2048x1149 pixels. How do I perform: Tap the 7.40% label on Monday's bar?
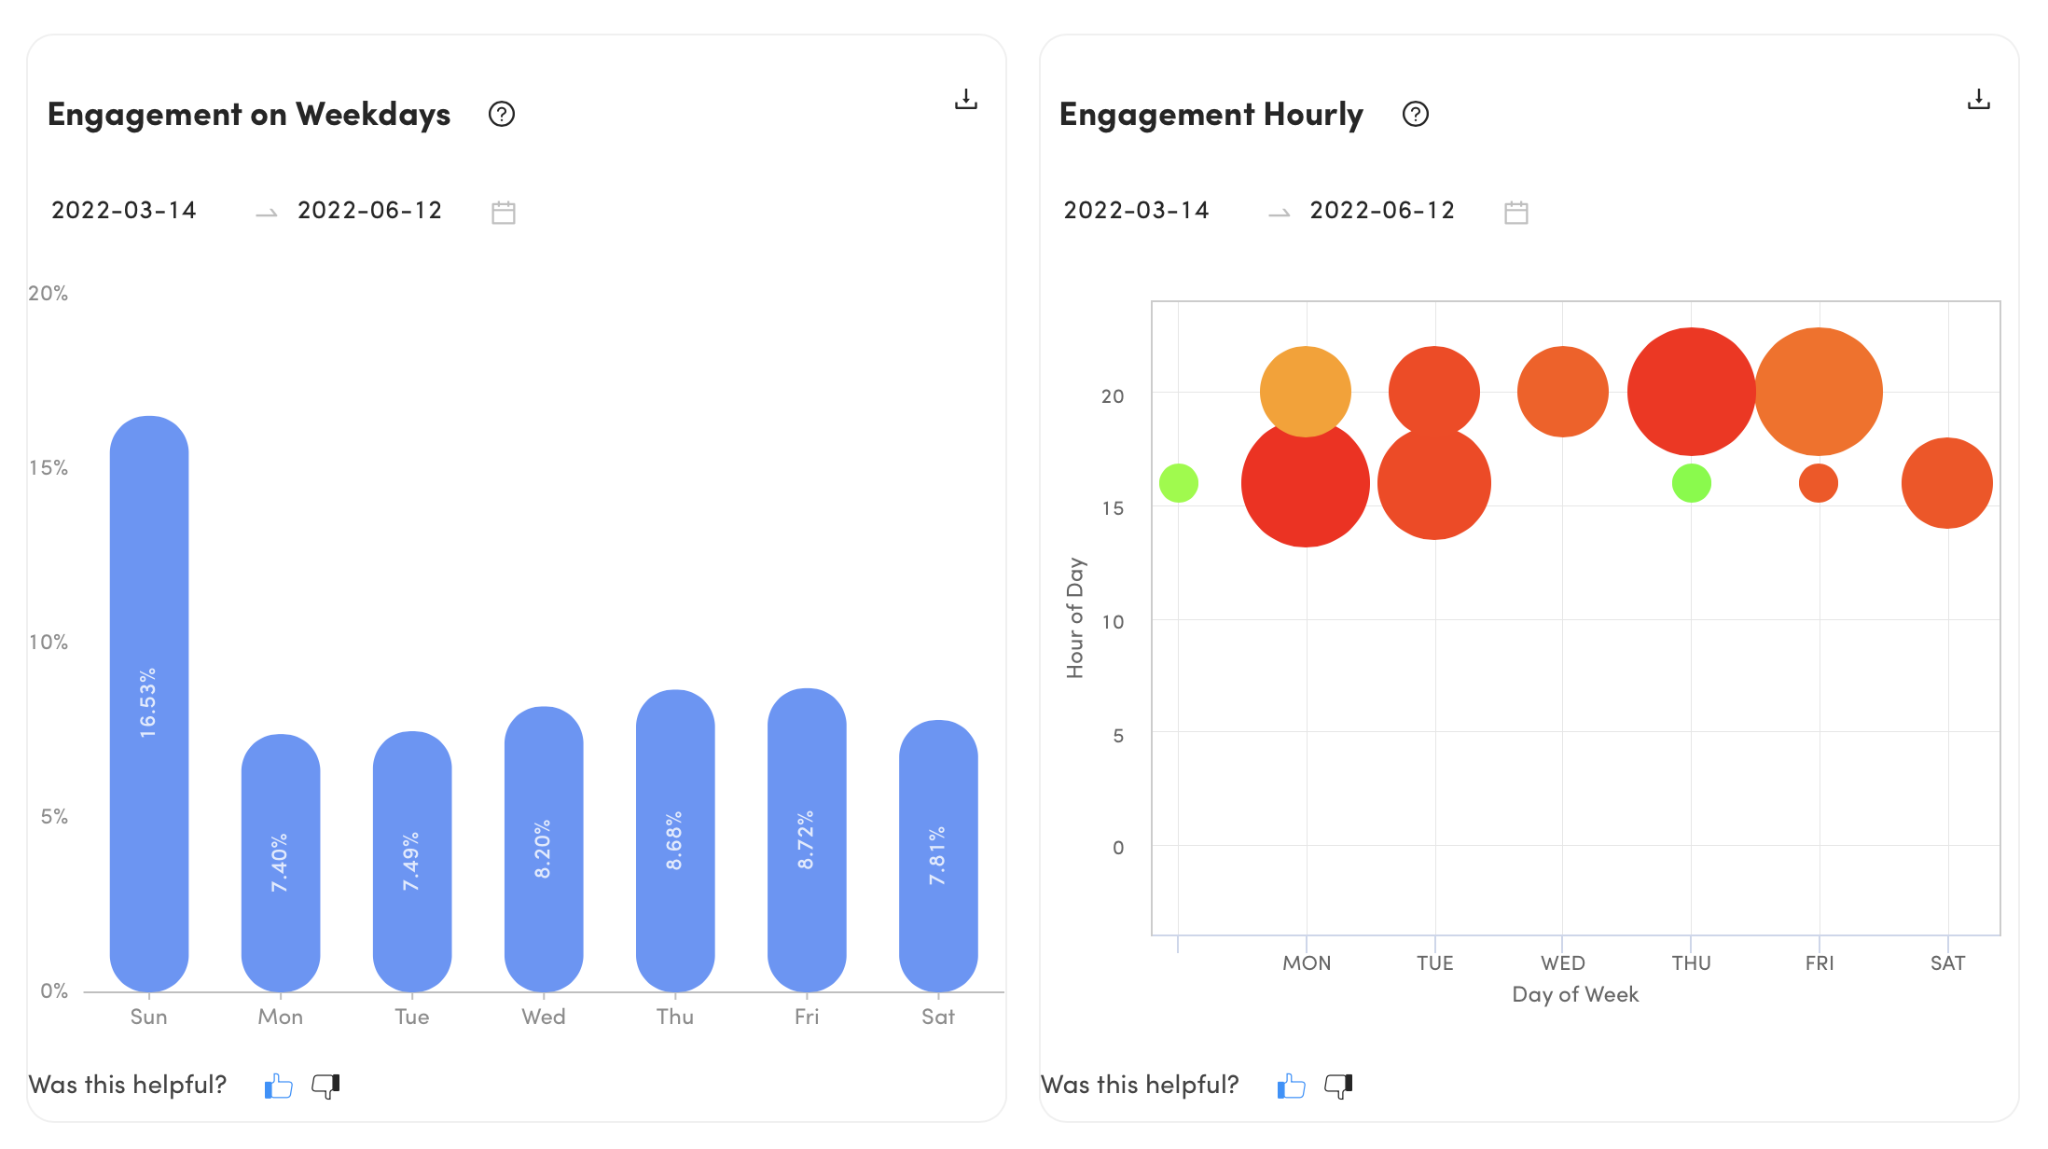pos(280,863)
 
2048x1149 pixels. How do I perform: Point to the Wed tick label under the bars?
pos(544,1017)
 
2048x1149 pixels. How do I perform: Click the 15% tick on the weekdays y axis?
pos(48,467)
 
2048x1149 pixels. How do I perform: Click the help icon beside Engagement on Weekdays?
pos(502,114)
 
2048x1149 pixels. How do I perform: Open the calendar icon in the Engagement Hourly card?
pos(1516,213)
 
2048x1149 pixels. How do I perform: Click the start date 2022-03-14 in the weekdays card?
pos(124,211)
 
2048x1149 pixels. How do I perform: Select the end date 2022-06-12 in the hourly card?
pos(1382,211)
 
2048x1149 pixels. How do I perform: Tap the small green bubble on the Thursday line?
pos(1692,483)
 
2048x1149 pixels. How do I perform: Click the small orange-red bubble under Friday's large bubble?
pos(1819,483)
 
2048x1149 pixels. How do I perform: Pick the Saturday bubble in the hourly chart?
pos(1947,483)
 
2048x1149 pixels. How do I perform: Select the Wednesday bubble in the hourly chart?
pos(1563,392)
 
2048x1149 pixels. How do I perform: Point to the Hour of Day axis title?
pos(1075,617)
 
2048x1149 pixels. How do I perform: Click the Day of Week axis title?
pos(1575,994)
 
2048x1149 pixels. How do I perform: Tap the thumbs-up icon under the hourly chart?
pos(1292,1086)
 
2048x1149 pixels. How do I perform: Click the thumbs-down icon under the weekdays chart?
pos(325,1086)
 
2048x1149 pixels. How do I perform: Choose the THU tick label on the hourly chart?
pos(1692,963)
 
